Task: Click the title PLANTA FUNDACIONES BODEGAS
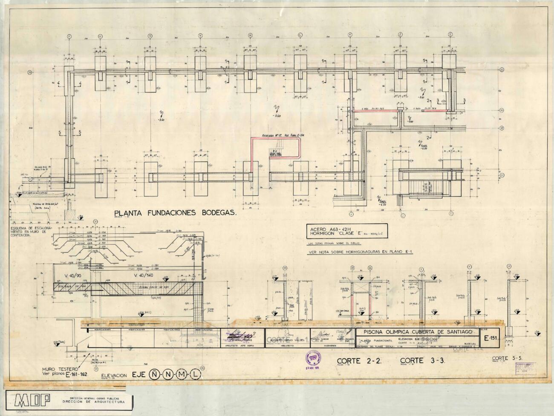(x=175, y=213)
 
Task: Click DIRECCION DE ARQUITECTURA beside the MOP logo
(x=93, y=402)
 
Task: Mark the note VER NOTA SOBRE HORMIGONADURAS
(x=360, y=252)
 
